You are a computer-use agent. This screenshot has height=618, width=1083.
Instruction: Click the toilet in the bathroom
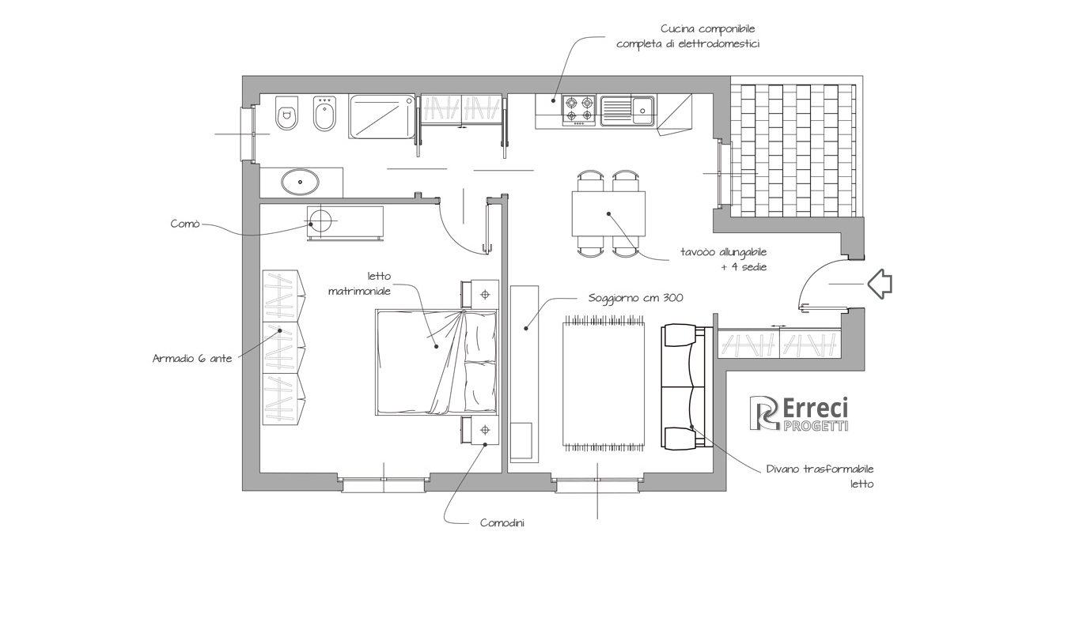(286, 113)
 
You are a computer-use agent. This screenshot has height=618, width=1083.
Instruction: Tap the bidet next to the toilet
(324, 114)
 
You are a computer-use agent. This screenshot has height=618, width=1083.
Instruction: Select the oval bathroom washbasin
(301, 182)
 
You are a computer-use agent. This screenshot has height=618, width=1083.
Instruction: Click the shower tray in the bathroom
(382, 116)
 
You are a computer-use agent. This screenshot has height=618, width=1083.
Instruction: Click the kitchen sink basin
(628, 111)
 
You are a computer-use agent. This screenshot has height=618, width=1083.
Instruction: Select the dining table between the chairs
(608, 213)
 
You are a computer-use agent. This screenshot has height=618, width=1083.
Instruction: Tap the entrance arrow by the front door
(880, 284)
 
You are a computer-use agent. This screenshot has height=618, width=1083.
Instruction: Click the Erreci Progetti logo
(799, 413)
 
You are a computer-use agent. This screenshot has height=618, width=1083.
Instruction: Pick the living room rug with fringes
(604, 383)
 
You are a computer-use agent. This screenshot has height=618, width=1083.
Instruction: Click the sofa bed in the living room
(687, 387)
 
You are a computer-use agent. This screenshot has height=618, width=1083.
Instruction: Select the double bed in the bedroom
(437, 362)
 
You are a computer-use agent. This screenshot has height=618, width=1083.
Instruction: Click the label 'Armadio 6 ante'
(192, 359)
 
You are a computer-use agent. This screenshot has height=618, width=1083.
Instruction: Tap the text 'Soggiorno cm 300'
(636, 298)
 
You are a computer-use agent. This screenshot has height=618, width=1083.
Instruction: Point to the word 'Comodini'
(502, 523)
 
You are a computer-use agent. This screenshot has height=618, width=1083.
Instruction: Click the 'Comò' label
(185, 224)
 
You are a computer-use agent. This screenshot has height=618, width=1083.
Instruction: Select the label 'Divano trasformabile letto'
(820, 477)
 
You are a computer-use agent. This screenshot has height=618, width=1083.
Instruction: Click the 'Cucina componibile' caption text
(708, 29)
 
